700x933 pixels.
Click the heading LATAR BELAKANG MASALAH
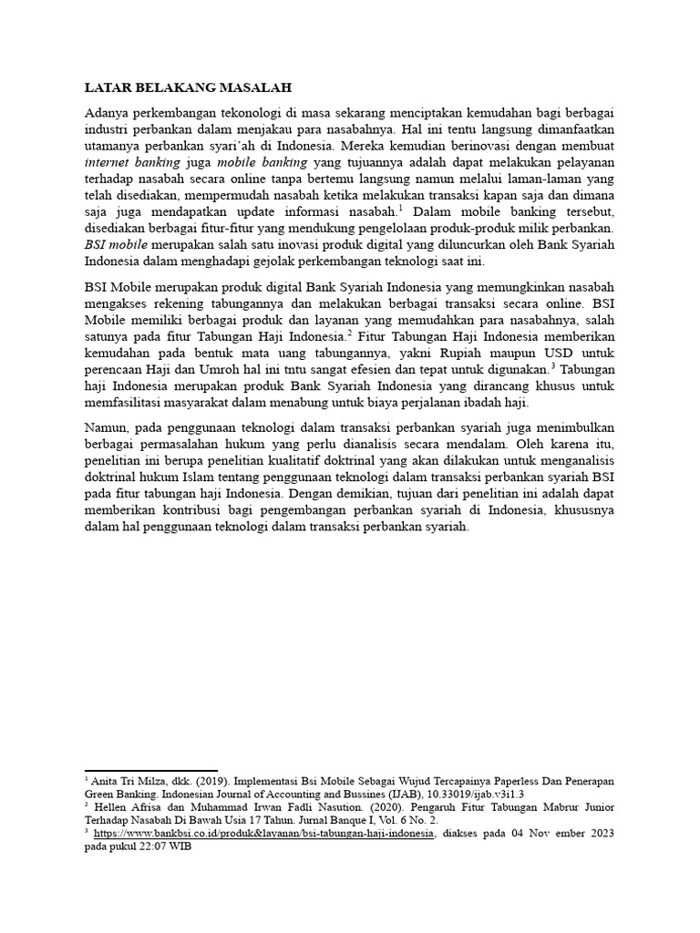[188, 88]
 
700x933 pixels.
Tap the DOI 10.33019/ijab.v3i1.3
[490, 795]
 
